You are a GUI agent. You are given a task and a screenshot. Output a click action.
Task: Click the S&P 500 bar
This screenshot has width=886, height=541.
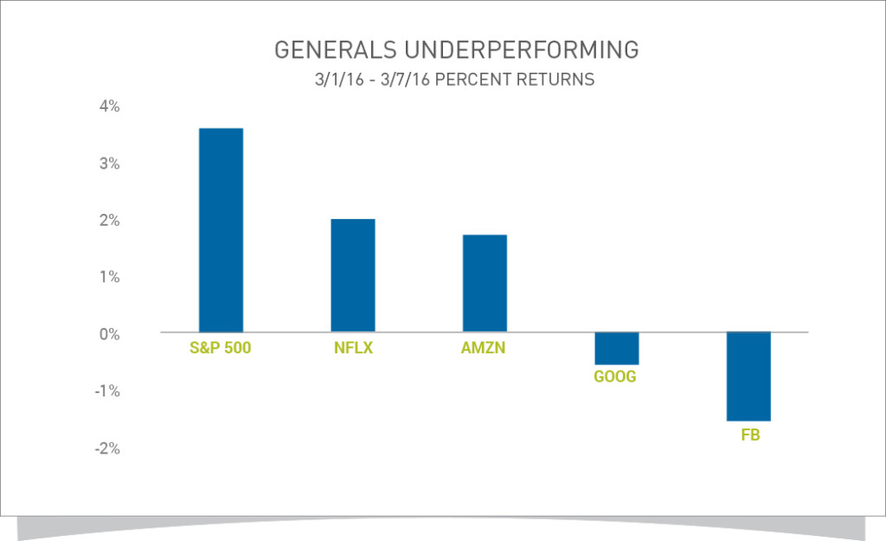tap(221, 230)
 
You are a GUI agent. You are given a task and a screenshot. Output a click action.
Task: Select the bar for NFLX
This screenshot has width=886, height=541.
tap(353, 275)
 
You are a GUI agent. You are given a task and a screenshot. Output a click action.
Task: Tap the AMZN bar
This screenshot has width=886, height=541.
tap(485, 283)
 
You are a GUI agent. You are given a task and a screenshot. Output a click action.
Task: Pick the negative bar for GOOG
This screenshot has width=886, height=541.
tap(617, 348)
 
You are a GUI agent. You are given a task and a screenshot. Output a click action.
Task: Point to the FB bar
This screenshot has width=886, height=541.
tap(748, 377)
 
